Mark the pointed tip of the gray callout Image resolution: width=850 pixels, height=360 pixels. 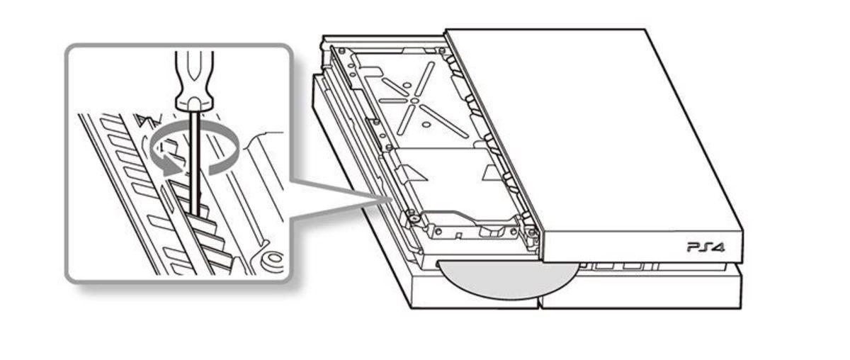coord(388,198)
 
